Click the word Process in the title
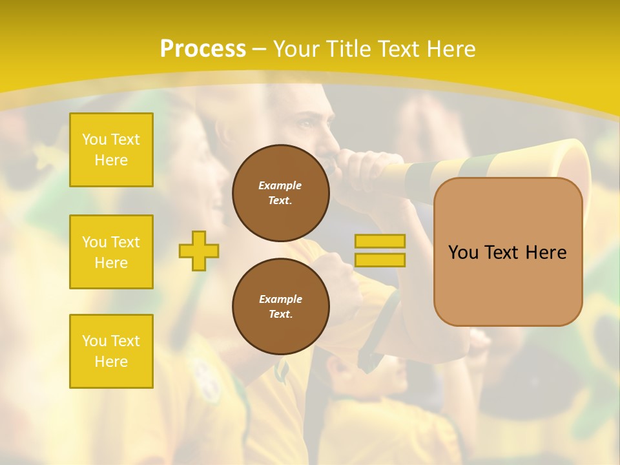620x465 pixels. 203,49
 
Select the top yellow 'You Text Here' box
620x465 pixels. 111,150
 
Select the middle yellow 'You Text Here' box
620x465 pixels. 111,252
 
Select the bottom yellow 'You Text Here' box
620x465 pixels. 111,351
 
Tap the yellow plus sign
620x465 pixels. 199,251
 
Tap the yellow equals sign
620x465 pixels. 380,251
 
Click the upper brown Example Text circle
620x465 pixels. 280,192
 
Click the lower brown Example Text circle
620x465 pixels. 280,306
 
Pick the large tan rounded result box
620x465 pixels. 508,252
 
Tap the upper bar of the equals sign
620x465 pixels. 380,242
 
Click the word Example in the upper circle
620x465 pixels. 280,185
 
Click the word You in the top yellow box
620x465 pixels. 94,139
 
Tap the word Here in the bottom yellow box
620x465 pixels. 111,362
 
